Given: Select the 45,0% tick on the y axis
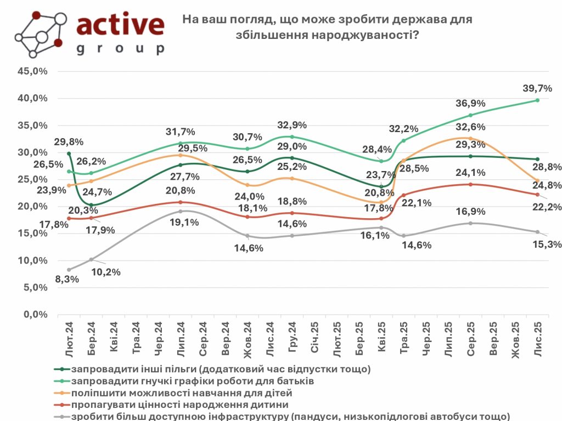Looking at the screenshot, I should [x=33, y=71].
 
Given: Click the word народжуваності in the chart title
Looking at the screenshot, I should [x=359, y=34].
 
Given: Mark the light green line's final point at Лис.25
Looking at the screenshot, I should [x=537, y=100].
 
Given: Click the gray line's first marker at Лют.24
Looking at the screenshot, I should [x=69, y=270].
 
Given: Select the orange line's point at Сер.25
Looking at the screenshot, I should [x=470, y=138].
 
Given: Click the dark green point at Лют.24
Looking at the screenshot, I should [x=69, y=154].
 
